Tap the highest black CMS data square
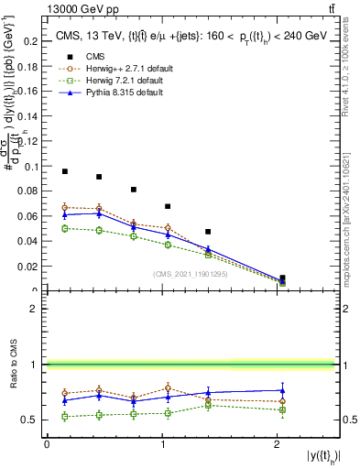pyautogui.click(x=65, y=171)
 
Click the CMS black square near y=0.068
pyautogui.click(x=168, y=207)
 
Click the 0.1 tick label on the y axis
pyautogui.click(x=32, y=167)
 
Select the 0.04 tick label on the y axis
pyautogui.click(x=29, y=241)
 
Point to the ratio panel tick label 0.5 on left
pyautogui.click(x=32, y=420)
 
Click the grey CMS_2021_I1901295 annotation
pyautogui.click(x=191, y=274)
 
